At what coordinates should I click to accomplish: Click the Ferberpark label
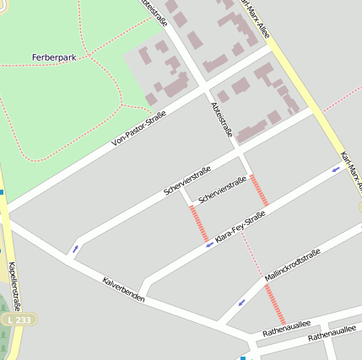(x=54, y=56)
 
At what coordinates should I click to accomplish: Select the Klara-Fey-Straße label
(x=240, y=228)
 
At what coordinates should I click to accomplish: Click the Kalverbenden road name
(x=123, y=289)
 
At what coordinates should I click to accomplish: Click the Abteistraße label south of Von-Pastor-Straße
(x=222, y=117)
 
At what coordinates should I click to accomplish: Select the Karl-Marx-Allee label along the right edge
(x=350, y=169)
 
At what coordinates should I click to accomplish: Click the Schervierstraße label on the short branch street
(x=222, y=190)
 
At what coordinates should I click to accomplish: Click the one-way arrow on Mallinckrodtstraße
(x=242, y=302)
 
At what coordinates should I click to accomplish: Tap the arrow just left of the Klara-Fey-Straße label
(x=209, y=244)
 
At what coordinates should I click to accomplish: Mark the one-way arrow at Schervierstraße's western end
(x=76, y=249)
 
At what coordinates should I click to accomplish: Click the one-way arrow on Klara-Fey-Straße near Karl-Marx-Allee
(x=336, y=169)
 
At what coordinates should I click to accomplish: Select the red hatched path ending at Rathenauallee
(x=275, y=304)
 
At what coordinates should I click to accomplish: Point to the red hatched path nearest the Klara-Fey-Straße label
(x=199, y=223)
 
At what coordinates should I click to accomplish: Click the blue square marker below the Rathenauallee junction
(x=243, y=357)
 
